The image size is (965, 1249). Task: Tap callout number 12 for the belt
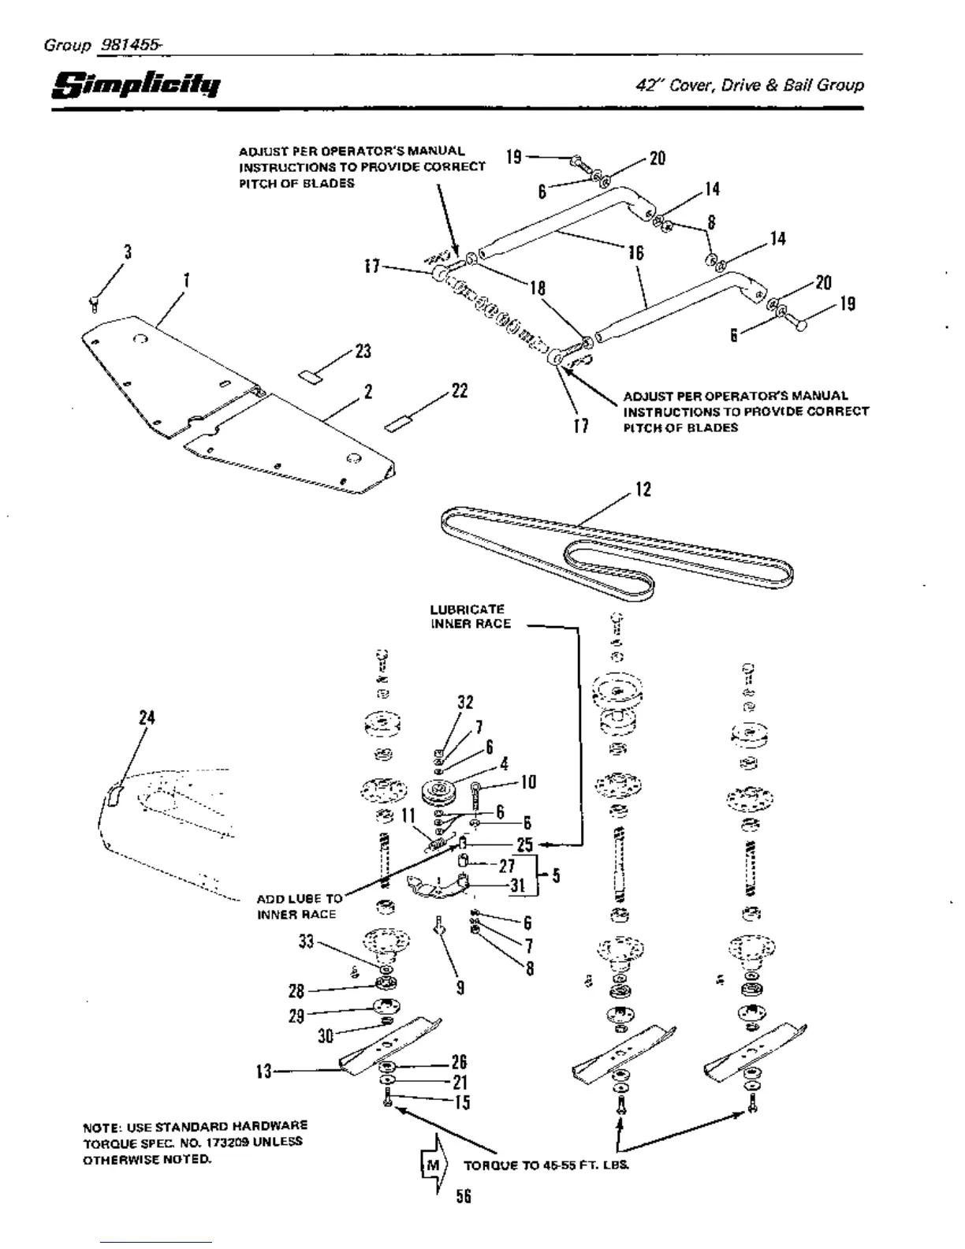[643, 490]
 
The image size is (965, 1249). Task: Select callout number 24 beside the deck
[147, 718]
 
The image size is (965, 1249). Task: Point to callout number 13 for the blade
[263, 1071]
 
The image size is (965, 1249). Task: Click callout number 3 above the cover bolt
[127, 252]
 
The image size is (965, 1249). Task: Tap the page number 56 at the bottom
[463, 1196]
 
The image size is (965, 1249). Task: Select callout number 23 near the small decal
[363, 351]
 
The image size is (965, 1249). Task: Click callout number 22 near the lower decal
[459, 390]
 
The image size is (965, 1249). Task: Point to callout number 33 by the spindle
[306, 941]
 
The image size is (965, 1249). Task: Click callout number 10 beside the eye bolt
[527, 781]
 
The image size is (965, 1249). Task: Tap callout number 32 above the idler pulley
[465, 703]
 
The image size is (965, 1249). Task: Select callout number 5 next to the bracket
[556, 875]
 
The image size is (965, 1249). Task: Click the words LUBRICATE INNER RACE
[470, 617]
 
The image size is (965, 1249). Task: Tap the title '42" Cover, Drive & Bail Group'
[749, 85]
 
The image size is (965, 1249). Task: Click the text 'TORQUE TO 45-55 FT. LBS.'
[546, 1165]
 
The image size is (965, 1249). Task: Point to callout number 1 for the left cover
[186, 280]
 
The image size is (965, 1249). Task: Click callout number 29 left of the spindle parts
[296, 1016]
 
